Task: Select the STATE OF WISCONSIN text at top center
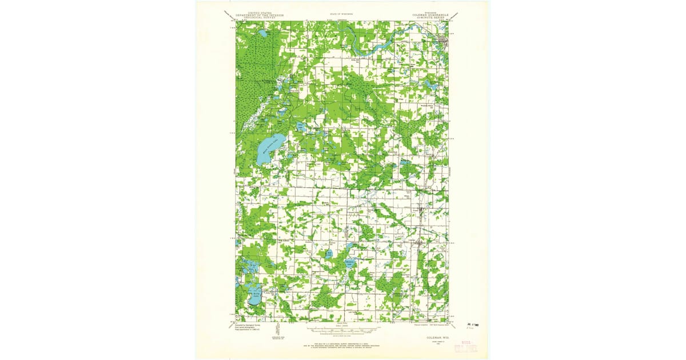341,13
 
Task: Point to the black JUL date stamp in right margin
472,323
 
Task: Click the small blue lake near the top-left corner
262,34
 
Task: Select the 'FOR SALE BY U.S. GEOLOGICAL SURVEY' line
343,344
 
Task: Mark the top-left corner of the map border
236,22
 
